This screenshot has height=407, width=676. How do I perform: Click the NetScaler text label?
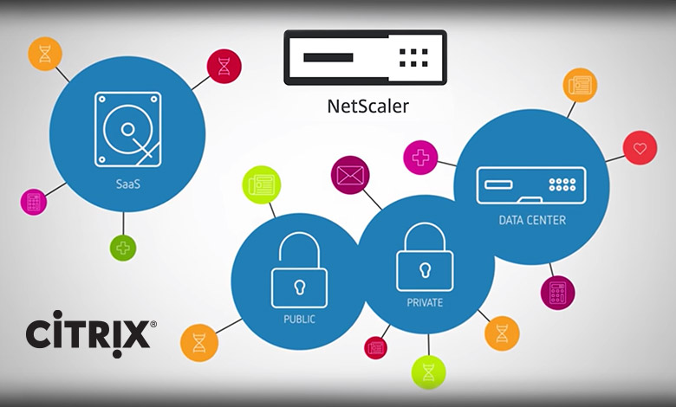tap(367, 107)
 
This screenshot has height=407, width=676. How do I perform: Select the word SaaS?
tap(127, 184)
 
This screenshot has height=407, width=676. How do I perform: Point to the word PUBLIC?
tap(300, 319)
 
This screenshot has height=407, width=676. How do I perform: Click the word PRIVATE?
tap(425, 303)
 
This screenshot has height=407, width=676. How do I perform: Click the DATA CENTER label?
tap(531, 220)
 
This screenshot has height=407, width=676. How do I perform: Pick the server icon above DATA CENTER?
tap(530, 183)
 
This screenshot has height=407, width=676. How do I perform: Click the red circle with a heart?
tap(640, 148)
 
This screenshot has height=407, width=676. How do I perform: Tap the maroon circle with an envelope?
tap(351, 173)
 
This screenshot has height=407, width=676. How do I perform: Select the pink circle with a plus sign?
tap(420, 158)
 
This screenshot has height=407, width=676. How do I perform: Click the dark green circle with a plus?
tap(123, 248)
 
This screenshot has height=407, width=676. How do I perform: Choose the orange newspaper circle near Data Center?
tap(578, 85)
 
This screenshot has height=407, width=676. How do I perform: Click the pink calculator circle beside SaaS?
tap(34, 202)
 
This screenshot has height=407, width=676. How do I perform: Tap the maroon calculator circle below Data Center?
tap(556, 293)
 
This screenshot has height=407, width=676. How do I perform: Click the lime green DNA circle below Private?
tap(427, 371)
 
